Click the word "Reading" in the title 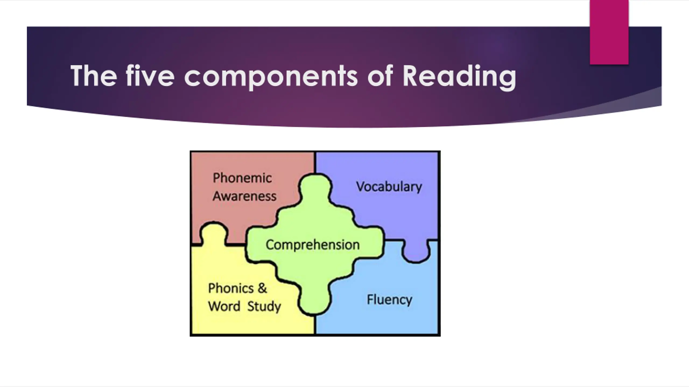459,76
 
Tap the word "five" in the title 150,76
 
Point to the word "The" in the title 94,76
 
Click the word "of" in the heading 380,76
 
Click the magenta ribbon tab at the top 609,32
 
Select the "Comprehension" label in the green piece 312,245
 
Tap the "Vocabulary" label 389,187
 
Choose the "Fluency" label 389,299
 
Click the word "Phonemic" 242,178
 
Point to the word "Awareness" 244,196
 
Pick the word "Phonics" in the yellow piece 231,288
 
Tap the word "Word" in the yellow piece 224,306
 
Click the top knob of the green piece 315,188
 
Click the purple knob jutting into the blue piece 416,252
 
